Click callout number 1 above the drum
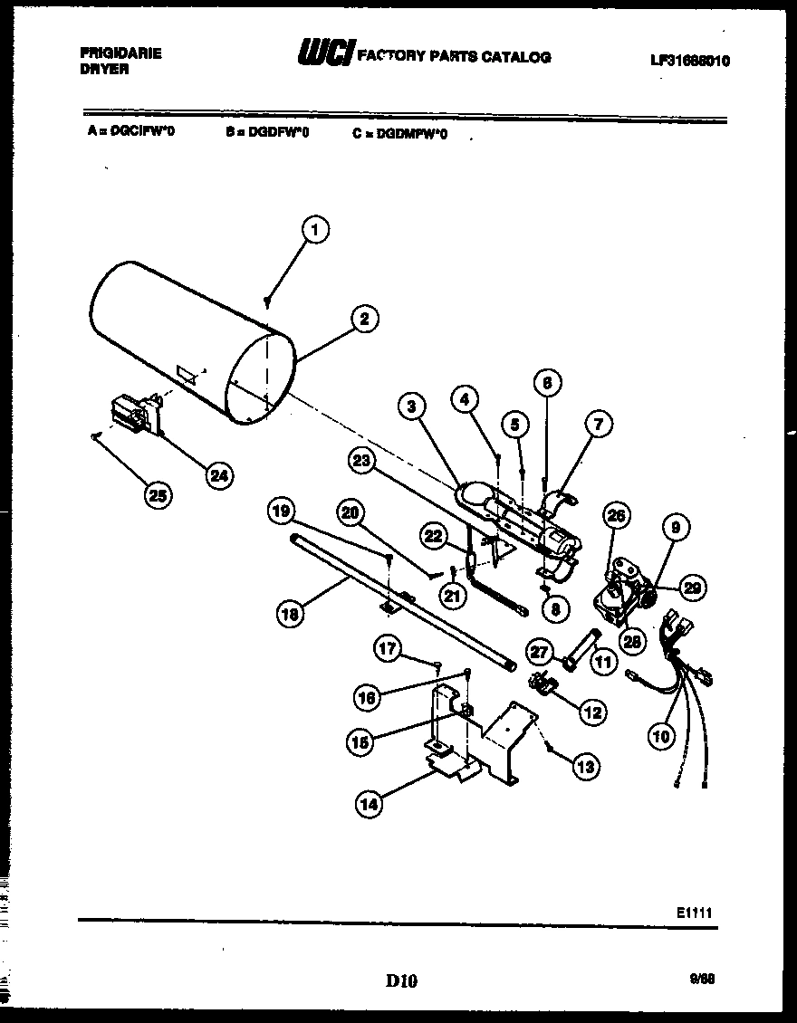pos(314,231)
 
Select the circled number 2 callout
pos(363,318)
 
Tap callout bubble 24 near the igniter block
pos(218,474)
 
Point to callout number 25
pos(158,494)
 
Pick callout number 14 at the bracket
pos(369,804)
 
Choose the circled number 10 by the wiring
pos(661,736)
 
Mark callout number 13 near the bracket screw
pos(586,768)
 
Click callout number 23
pos(362,461)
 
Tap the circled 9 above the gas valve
pos(677,526)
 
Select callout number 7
pos(598,423)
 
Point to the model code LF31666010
pos(689,62)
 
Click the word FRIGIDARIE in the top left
pos(120,53)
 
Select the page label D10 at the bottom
pos(400,980)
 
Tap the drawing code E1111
pos(693,913)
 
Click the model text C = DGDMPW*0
pos(400,133)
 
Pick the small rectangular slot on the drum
pos(187,372)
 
